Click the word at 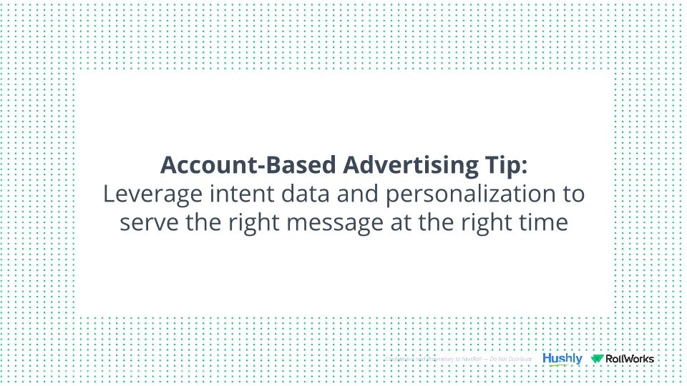[401, 223]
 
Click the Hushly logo [562, 358]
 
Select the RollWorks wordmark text [630, 359]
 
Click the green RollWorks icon [597, 359]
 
